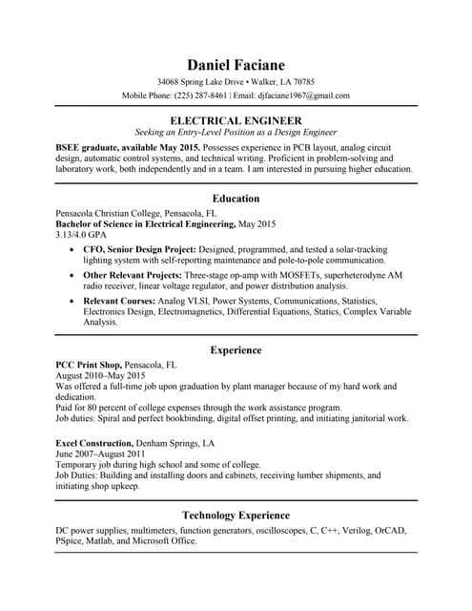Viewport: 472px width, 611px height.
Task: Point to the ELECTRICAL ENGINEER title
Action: click(236, 120)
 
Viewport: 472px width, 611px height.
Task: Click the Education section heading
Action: click(236, 198)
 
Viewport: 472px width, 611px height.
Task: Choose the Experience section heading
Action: click(236, 350)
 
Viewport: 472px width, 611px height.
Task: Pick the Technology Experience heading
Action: click(236, 515)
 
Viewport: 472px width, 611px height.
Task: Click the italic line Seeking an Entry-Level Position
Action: click(236, 132)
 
